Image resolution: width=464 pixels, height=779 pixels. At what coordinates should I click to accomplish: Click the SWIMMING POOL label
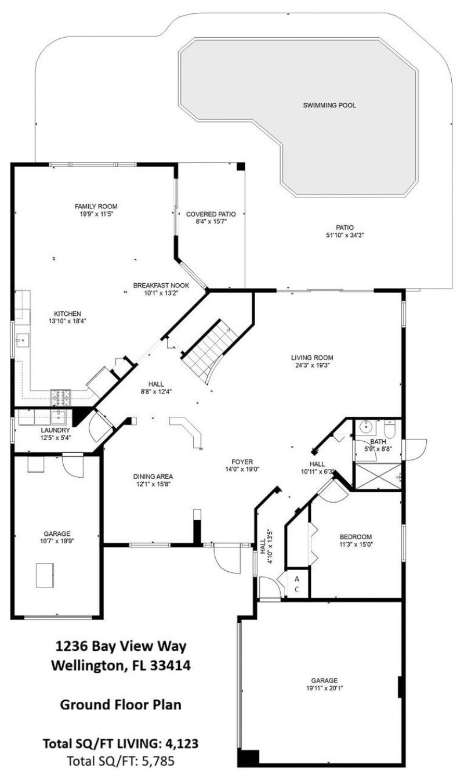pyautogui.click(x=329, y=106)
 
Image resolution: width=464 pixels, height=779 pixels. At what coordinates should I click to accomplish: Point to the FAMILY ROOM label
pyautogui.click(x=96, y=206)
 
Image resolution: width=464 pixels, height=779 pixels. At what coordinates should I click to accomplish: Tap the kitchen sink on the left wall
pyautogui.click(x=23, y=339)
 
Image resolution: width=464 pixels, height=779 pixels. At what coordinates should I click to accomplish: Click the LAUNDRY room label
pyautogui.click(x=55, y=430)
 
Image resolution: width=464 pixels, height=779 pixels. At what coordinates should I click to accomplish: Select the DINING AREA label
pyautogui.click(x=153, y=476)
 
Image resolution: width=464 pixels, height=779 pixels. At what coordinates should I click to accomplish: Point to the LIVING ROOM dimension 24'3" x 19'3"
pyautogui.click(x=312, y=365)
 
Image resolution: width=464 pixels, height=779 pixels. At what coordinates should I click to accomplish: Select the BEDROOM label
pyautogui.click(x=356, y=537)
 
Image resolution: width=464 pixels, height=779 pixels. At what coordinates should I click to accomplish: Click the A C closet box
pyautogui.click(x=297, y=584)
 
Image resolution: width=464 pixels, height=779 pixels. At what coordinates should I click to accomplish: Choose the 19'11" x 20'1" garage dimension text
pyautogui.click(x=324, y=689)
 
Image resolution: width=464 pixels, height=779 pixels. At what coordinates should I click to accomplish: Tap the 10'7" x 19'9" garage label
pyautogui.click(x=57, y=540)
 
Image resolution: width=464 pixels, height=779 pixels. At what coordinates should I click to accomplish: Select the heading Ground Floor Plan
pyautogui.click(x=121, y=705)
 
